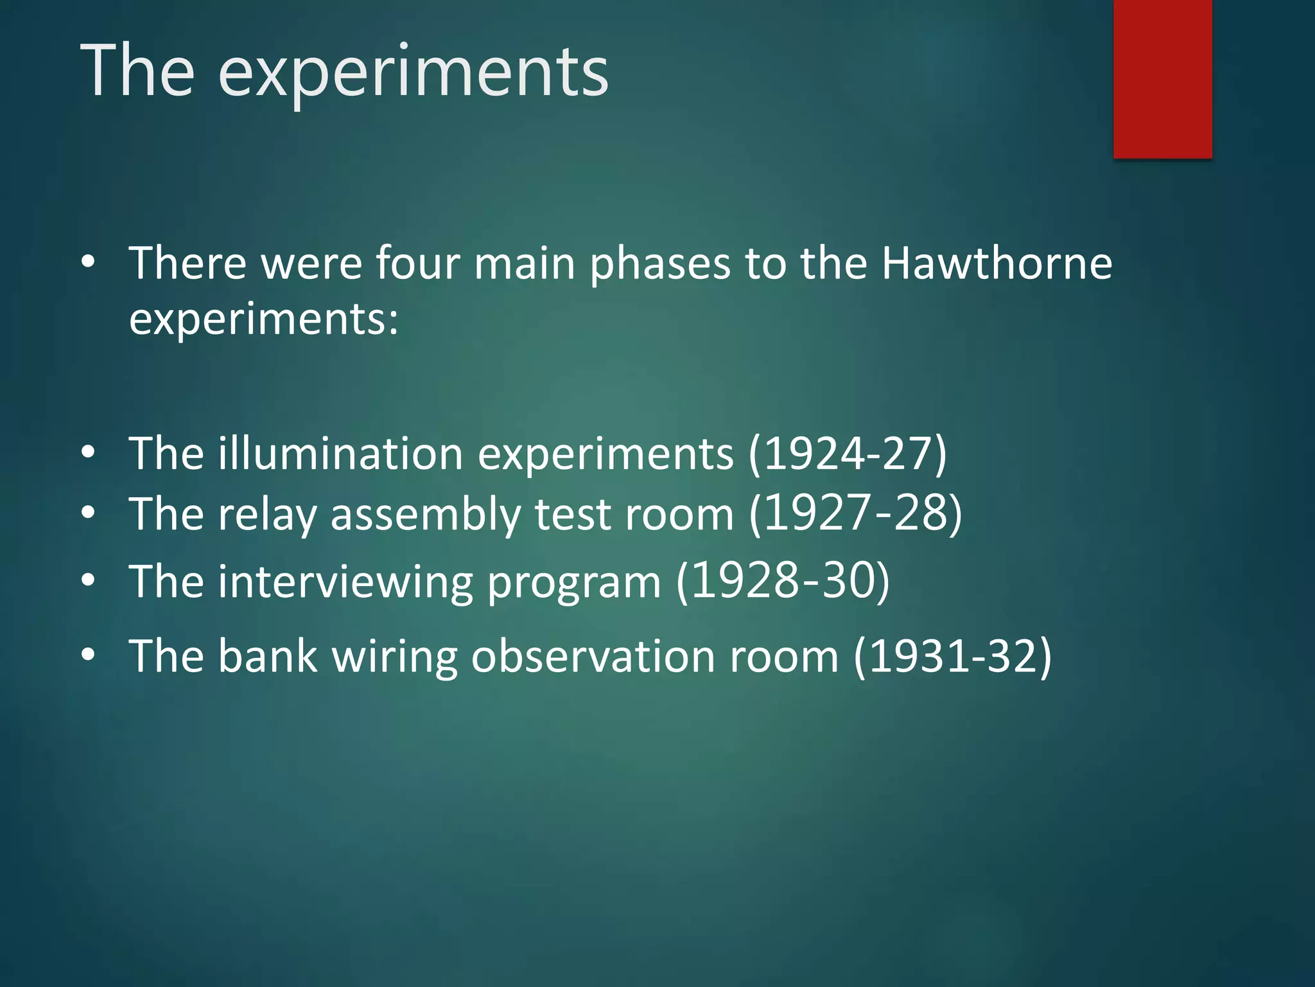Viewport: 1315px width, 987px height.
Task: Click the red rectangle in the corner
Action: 1162,78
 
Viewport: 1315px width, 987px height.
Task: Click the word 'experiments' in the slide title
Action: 413,72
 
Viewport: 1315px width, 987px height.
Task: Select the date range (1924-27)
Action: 848,454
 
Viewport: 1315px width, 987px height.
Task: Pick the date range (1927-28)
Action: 856,513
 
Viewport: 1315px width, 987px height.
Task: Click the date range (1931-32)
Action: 952,656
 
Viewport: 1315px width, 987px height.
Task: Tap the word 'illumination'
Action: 341,454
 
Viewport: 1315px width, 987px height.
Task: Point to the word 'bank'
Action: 268,656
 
